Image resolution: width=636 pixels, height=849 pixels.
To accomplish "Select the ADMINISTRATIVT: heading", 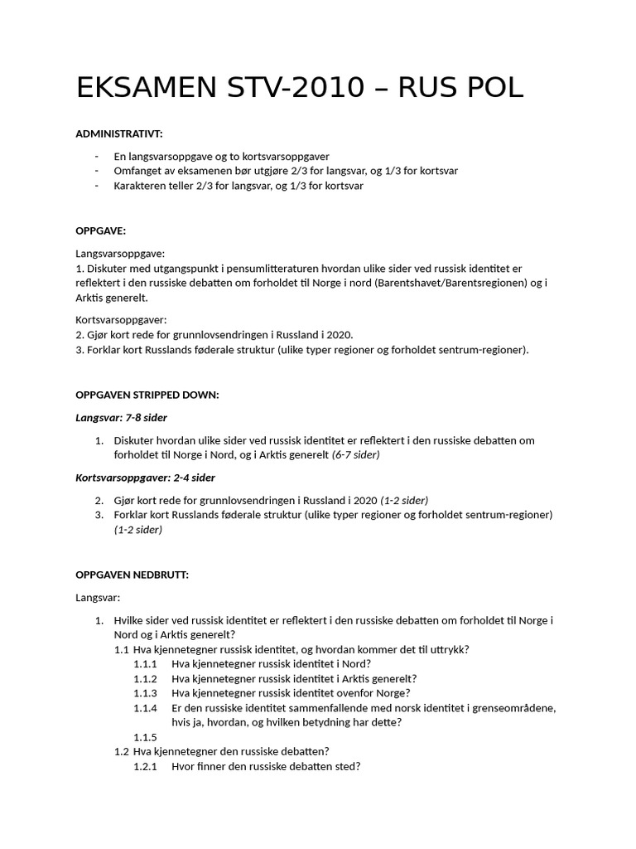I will click(119, 133).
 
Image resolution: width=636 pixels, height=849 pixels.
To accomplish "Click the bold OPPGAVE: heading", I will click(101, 230).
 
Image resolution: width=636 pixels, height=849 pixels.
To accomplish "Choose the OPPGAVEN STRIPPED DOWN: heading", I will click(147, 395).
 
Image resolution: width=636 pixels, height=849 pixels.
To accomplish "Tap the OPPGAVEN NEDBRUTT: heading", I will click(132, 575).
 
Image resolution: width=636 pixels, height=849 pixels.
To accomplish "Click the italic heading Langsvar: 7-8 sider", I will click(122, 418).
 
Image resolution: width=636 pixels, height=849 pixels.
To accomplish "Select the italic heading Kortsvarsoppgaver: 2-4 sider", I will click(146, 478).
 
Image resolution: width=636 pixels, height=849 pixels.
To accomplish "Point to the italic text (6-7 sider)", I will click(357, 455).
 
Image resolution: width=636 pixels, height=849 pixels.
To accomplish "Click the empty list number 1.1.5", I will click(145, 737).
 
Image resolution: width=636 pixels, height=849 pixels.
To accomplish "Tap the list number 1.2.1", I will click(145, 767).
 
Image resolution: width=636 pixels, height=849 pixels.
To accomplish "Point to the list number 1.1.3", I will click(145, 693).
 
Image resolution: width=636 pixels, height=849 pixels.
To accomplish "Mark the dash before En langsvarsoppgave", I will click(97, 156).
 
